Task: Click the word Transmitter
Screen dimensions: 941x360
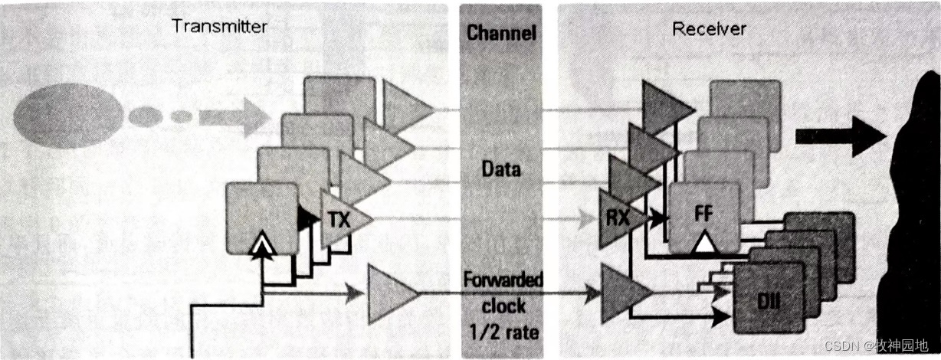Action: pyautogui.click(x=219, y=27)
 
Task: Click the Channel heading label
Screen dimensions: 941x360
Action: pyautogui.click(x=501, y=33)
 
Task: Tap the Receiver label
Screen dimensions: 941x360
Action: pyautogui.click(x=709, y=30)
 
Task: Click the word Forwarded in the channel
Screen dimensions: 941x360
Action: pyautogui.click(x=503, y=280)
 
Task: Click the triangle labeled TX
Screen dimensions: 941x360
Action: pyautogui.click(x=343, y=219)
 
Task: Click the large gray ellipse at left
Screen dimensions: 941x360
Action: pyautogui.click(x=68, y=116)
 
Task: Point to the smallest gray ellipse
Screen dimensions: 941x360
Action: pyautogui.click(x=181, y=116)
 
